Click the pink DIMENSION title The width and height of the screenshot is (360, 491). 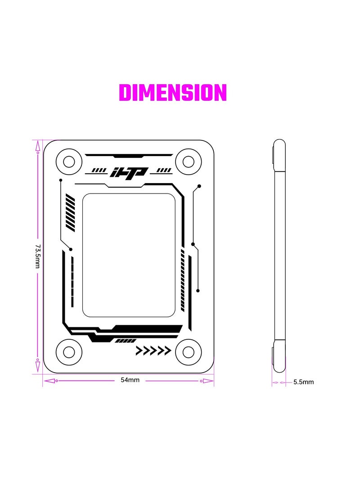[x=173, y=93]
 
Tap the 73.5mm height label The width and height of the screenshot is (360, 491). [x=37, y=257]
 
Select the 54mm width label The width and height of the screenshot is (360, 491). [x=130, y=380]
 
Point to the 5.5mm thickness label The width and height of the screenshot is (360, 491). [x=304, y=382]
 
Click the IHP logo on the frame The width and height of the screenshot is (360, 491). [x=129, y=172]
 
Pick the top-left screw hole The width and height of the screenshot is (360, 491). [x=69, y=161]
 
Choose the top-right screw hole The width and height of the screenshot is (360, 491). [x=188, y=161]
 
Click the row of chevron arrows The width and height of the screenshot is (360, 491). [x=153, y=351]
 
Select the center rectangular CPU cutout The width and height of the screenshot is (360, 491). [x=129, y=255]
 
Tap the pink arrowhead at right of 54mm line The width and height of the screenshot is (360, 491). [x=207, y=381]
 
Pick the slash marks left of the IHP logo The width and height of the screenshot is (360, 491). [x=98, y=171]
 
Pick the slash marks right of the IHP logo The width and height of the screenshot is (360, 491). [x=162, y=171]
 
